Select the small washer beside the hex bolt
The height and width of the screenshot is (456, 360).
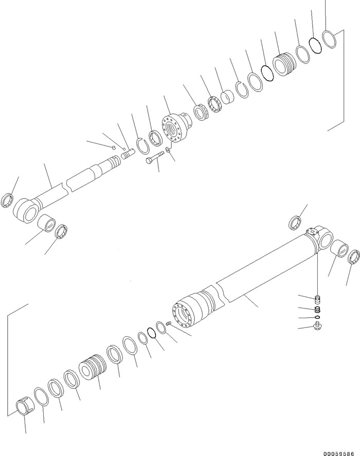tap(168, 150)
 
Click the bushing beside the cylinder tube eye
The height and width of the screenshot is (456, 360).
tap(340, 249)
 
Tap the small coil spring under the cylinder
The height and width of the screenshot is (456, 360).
tap(318, 309)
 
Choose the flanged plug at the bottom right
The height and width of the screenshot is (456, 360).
tap(319, 326)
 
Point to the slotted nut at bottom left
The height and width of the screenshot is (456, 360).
tap(25, 407)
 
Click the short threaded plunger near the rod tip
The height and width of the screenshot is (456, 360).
tap(128, 153)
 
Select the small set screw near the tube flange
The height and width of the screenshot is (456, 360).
tap(169, 323)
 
